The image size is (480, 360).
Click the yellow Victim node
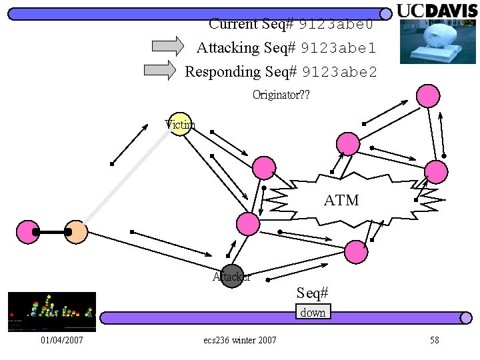(x=180, y=123)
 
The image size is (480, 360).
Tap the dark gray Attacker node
(x=232, y=276)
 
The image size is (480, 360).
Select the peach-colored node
(x=77, y=232)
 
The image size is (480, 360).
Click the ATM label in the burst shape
(x=341, y=200)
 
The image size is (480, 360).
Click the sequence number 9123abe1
(x=338, y=48)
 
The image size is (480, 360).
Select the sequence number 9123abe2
(x=339, y=72)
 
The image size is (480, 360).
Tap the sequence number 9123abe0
(x=335, y=25)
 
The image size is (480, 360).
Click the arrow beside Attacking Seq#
(x=168, y=46)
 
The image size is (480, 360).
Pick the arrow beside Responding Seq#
(x=160, y=69)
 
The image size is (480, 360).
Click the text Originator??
(x=281, y=95)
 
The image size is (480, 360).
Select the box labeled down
(x=313, y=312)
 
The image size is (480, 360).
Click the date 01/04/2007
(x=61, y=341)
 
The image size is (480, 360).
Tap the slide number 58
(x=435, y=341)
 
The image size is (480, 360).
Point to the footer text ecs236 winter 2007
(x=240, y=341)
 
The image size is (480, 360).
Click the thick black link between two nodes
(x=52, y=232)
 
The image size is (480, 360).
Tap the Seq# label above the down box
(x=313, y=293)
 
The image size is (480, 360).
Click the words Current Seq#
(x=251, y=24)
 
